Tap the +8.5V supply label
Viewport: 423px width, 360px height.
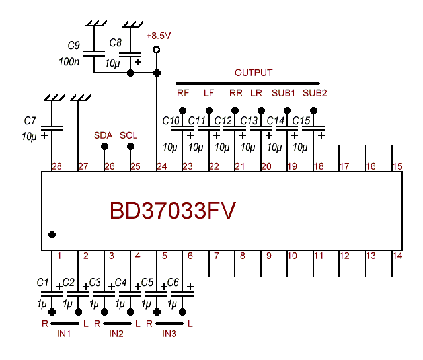tap(159, 36)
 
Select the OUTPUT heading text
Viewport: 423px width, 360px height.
tap(253, 73)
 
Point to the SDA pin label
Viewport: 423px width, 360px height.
tap(103, 135)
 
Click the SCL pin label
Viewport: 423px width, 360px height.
tap(129, 135)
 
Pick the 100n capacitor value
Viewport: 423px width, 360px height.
tap(69, 62)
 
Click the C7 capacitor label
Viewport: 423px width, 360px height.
tap(30, 120)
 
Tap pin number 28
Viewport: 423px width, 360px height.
tap(56, 166)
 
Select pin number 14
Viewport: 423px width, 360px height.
tap(397, 256)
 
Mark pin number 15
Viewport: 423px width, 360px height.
tap(397, 166)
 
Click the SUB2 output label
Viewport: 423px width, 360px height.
tap(315, 93)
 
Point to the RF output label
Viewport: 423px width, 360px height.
tap(183, 93)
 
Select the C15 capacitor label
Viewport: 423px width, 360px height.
tap(301, 121)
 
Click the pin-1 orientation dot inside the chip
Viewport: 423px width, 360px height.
tap(52, 234)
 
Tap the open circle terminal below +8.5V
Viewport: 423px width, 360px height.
tap(156, 50)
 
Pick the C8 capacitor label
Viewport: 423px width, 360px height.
tap(116, 42)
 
